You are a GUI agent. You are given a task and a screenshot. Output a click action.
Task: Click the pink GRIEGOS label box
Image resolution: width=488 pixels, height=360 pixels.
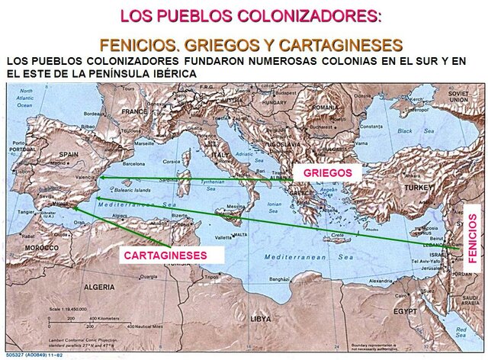click(327, 174)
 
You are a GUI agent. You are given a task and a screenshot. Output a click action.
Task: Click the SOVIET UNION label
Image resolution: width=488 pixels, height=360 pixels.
click(457, 95)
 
